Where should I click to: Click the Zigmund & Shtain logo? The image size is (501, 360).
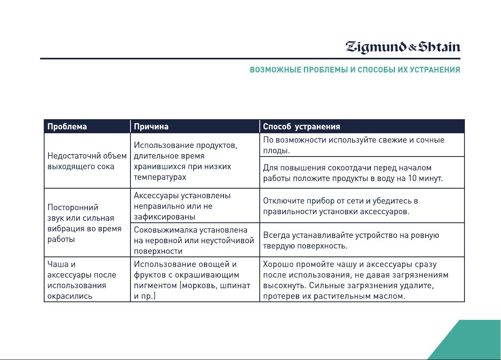pos(403,47)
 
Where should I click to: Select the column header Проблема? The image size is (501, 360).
pos(67,126)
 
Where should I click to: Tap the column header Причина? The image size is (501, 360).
pos(151,126)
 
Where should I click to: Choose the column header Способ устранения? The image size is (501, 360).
pos(301,126)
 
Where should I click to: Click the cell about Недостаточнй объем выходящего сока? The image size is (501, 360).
pos(87,161)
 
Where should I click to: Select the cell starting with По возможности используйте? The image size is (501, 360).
pos(362,145)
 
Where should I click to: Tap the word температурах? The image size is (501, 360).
pos(160,177)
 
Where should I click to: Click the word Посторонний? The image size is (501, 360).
pos(73,207)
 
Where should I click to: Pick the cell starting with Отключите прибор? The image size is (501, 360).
pos(362,206)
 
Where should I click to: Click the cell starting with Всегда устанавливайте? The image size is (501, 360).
pos(362,240)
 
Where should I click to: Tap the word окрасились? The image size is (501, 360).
pos(69,296)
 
